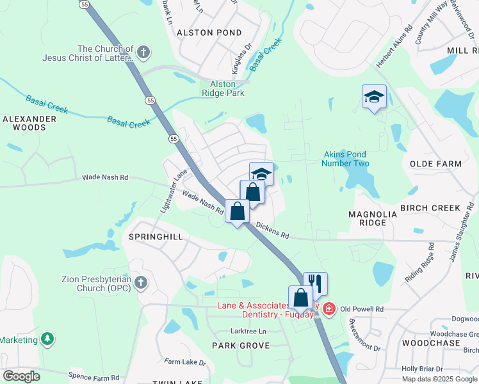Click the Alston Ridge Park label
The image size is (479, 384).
click(x=223, y=88)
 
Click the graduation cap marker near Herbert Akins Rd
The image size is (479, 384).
click(x=374, y=97)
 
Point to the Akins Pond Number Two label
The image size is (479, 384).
click(x=346, y=159)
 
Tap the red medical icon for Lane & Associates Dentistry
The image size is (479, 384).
click(x=329, y=309)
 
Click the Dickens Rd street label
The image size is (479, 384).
click(x=272, y=230)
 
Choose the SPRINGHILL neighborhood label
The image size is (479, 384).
click(x=156, y=237)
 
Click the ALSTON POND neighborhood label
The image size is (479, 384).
click(x=209, y=33)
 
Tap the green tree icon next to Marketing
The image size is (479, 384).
click(x=47, y=339)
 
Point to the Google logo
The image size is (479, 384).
click(x=21, y=376)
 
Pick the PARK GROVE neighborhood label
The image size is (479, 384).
click(x=241, y=346)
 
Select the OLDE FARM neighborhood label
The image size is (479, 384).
click(x=435, y=164)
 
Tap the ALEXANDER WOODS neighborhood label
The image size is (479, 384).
click(x=25, y=123)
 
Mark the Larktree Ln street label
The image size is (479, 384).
click(x=248, y=331)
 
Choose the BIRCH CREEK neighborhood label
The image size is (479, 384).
click(x=430, y=208)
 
